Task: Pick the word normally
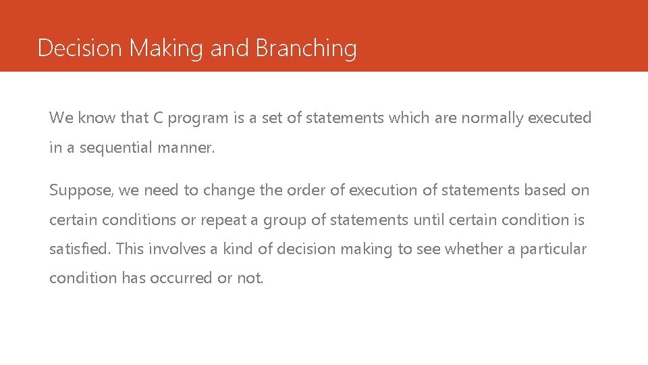coord(491,118)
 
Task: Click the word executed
coord(560,118)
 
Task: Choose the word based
coord(543,191)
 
